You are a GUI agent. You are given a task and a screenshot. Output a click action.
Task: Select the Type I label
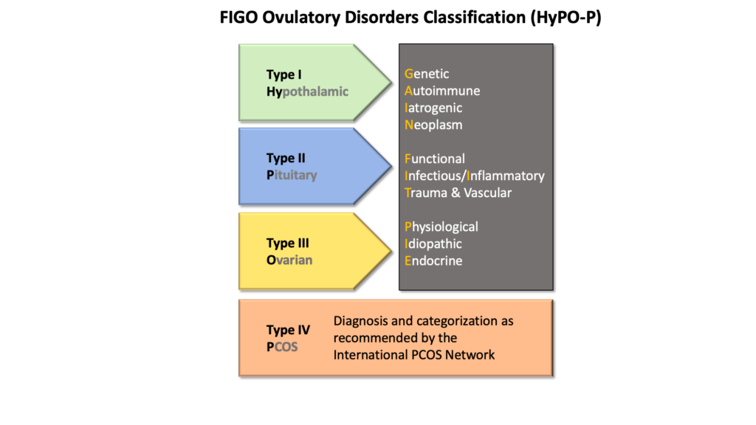pos(284,75)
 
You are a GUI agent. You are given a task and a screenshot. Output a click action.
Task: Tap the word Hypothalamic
pos(307,91)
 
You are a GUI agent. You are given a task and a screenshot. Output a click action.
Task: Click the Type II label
pos(286,158)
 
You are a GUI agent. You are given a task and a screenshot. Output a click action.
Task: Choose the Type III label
pos(288,243)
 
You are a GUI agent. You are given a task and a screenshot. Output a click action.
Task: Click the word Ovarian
pos(289,260)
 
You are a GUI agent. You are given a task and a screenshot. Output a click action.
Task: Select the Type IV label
pos(288,330)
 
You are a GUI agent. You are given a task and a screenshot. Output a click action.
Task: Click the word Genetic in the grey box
pos(427,74)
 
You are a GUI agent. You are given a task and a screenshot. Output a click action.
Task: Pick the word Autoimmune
pos(442,91)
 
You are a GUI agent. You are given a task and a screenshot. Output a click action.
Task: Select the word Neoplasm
pos(433,125)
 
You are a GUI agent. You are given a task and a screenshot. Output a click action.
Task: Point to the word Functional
pos(435,159)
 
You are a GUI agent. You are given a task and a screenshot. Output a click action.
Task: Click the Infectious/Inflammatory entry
pos(475,176)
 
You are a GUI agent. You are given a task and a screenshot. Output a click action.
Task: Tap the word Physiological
pos(441,227)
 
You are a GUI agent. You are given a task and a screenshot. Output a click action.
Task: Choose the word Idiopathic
pos(433,243)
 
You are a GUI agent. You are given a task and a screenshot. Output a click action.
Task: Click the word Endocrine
pos(433,260)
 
